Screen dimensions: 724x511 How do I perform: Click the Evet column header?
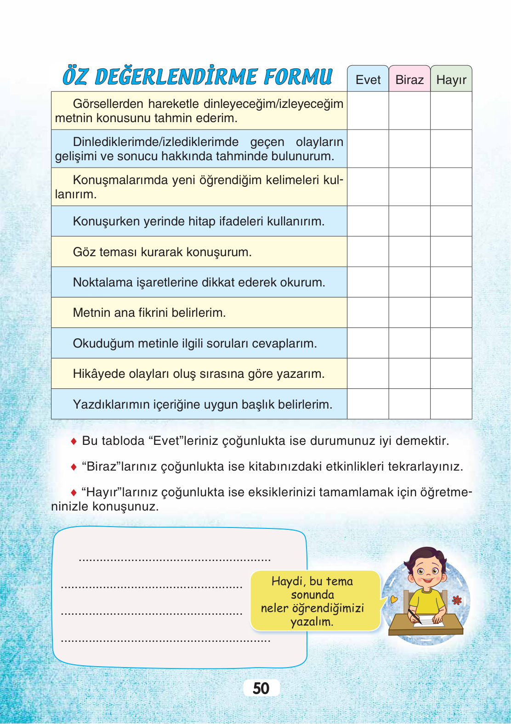368,80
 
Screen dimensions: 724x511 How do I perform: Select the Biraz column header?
409,80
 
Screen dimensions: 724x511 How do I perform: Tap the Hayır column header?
451,80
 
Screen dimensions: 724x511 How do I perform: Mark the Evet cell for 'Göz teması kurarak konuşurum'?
368,252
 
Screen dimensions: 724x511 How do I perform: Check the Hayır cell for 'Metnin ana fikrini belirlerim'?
451,313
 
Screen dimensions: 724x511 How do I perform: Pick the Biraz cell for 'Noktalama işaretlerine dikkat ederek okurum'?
409,282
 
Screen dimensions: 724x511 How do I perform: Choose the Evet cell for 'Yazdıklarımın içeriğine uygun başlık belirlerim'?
368,404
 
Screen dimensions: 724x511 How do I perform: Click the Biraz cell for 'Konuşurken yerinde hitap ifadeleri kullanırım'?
409,221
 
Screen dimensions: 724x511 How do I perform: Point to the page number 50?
261,688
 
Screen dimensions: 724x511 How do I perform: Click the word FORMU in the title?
298,77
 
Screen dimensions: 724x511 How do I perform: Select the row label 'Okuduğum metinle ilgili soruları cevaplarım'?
195,343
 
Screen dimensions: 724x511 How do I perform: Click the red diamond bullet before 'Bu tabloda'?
74,441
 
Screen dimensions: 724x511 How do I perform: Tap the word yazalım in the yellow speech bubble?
312,622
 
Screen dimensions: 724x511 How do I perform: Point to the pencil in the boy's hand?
414,617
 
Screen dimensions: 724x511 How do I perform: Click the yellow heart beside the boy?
394,599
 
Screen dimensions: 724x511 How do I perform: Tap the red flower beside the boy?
457,600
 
